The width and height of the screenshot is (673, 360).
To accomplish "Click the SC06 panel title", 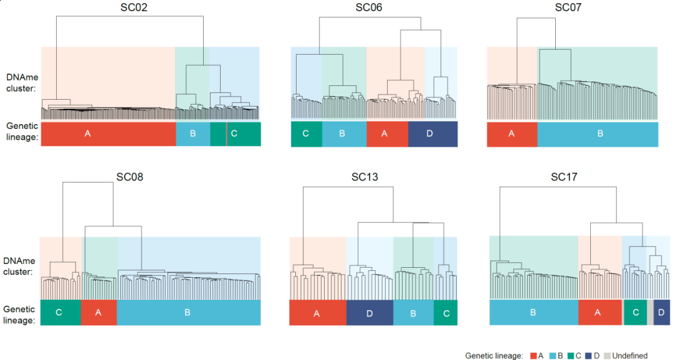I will click(369, 7).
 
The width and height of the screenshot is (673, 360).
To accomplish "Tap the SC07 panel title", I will click(568, 7).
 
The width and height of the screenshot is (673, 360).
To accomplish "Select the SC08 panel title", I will click(130, 176).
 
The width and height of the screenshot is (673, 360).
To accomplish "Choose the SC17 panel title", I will click(564, 177).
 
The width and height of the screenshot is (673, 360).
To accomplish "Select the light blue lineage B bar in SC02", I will click(193, 134).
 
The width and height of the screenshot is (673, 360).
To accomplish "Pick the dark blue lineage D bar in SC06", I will click(432, 134).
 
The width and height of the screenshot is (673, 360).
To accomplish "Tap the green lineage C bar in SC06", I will click(306, 134).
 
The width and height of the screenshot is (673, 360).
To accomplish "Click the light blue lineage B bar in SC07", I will click(598, 134).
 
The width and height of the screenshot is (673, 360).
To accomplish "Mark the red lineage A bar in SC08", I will click(98, 312).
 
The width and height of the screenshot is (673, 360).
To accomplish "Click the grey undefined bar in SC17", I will click(650, 312).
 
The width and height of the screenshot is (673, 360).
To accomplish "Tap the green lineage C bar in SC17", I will click(635, 312).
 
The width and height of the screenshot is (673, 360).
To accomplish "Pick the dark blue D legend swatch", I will click(589, 356).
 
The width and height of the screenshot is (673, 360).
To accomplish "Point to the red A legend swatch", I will click(533, 356).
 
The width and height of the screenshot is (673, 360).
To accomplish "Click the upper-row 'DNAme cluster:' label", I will click(21, 83).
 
